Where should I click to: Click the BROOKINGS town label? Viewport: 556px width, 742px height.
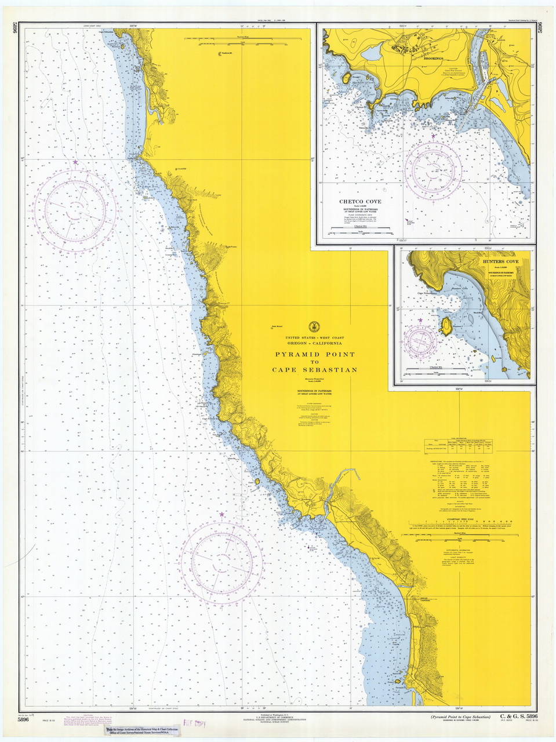pos(433,59)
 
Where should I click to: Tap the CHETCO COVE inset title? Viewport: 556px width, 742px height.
pos(360,202)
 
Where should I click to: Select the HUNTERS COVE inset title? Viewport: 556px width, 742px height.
pos(500,262)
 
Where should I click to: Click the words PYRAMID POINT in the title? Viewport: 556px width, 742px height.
pos(314,354)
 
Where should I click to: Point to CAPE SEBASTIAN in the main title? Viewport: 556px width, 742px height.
pos(314,370)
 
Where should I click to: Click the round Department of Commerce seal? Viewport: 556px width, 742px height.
pos(314,326)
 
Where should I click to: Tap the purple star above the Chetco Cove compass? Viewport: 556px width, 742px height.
pos(433,137)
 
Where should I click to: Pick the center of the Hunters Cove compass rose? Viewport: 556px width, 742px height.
pos(421,341)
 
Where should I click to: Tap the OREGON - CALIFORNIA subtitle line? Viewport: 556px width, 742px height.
pos(314,343)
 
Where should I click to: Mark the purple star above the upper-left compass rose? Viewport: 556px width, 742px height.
pos(75,163)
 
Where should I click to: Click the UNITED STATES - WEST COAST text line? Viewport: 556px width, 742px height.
pos(314,338)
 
